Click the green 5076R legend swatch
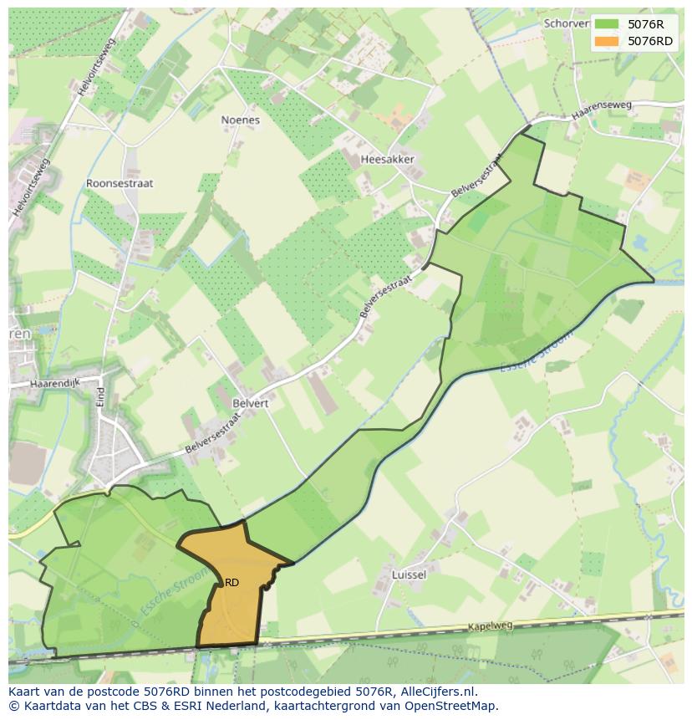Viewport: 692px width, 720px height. [607, 24]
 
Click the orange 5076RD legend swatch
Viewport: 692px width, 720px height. [607, 41]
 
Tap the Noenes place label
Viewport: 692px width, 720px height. [240, 120]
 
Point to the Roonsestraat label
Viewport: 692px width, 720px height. [120, 183]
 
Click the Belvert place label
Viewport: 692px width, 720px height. [251, 402]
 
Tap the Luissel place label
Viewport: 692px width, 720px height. [410, 574]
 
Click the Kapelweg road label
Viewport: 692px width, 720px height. [489, 626]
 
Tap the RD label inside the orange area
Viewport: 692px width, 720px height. [232, 583]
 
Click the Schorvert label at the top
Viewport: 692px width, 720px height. [566, 23]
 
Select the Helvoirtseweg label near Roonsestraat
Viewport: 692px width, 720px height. [32, 190]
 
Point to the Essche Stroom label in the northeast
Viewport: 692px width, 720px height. [538, 352]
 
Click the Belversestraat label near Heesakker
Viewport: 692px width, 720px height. [478, 176]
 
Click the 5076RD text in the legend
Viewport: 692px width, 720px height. [651, 41]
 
